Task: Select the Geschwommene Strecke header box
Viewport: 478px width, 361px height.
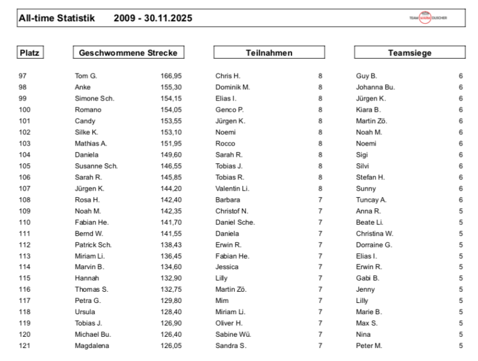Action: click(128, 53)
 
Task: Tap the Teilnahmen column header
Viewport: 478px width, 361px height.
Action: click(269, 53)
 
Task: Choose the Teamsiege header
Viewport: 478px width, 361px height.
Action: click(409, 53)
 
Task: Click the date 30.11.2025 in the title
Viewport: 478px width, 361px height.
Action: click(167, 18)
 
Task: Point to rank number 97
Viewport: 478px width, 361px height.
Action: click(24, 76)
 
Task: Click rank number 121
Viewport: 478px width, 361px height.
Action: click(25, 346)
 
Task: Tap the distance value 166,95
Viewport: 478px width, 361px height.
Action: click(170, 76)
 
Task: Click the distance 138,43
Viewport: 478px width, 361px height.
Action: click(170, 244)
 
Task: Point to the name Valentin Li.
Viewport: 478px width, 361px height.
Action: click(231, 188)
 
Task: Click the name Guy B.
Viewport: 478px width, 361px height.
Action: click(366, 76)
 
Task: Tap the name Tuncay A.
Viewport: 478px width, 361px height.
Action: click(371, 199)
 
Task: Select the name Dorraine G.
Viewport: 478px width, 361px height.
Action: click(374, 244)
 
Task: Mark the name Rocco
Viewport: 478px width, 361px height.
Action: click(225, 143)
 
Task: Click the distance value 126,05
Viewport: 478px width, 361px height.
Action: click(170, 346)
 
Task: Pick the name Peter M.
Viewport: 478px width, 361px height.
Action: click(369, 346)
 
